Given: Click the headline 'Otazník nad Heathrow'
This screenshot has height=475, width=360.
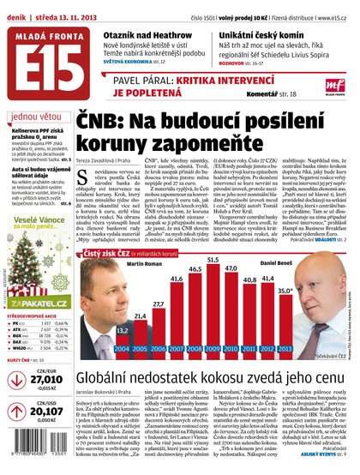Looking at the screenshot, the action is pos(147,29).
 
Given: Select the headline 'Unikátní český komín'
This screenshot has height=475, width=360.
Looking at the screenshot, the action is pos(279,29).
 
